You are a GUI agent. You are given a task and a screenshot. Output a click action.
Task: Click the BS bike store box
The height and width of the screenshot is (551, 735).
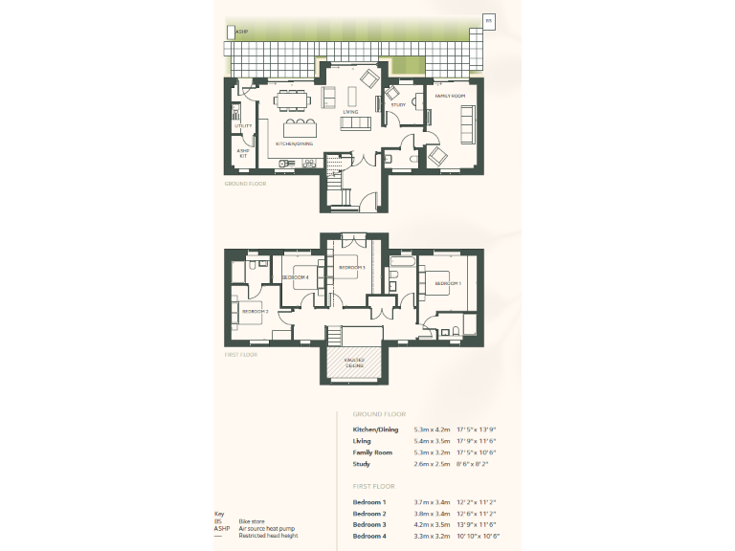point(487,19)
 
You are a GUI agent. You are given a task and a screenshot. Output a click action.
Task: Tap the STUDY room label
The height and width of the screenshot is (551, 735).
point(398,105)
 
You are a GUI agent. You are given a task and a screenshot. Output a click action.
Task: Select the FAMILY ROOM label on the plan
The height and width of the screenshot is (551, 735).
point(450,97)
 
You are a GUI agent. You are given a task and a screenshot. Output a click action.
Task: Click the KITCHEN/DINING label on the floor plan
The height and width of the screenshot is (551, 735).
point(294,143)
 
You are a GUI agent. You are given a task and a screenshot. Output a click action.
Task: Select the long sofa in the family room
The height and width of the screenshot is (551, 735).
point(467,122)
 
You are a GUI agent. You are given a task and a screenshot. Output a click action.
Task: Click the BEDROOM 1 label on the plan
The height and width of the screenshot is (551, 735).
point(449,284)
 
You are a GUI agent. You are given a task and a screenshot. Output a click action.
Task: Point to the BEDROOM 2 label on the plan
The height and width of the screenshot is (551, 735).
point(255,312)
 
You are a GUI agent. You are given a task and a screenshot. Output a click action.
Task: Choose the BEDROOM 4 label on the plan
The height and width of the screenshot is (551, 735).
point(295,277)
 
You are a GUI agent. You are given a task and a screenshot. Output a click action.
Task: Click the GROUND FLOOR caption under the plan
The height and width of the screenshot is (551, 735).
point(245,183)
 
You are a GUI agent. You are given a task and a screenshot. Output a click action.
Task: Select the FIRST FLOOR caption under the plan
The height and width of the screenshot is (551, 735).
point(241,354)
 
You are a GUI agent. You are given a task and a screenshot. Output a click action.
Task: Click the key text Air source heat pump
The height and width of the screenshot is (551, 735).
point(267,528)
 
